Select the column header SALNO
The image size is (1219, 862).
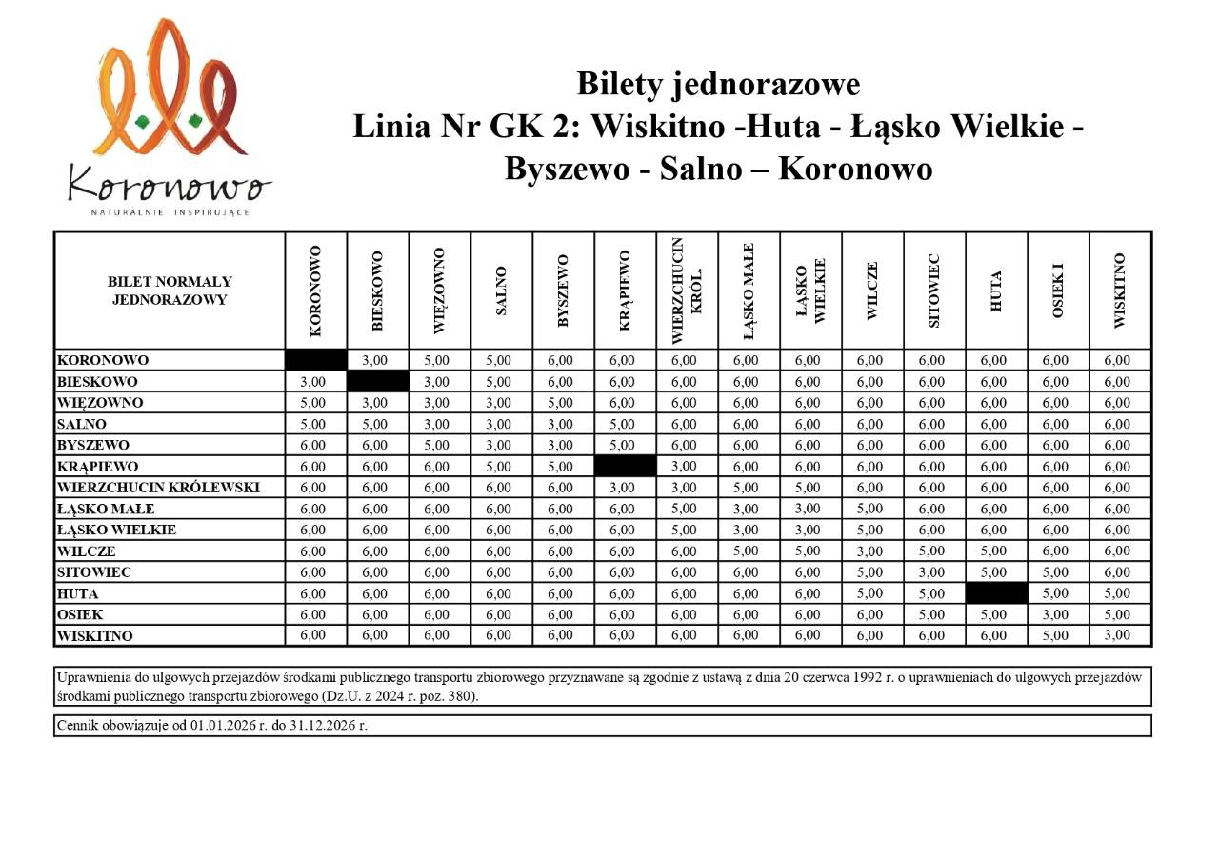point(501,291)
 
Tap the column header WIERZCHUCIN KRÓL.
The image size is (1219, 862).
point(687,290)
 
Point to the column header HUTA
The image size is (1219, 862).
point(996,291)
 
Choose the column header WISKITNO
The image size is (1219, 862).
point(1119,291)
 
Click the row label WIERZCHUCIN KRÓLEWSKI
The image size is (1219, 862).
point(158,488)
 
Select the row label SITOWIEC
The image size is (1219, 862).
point(94,572)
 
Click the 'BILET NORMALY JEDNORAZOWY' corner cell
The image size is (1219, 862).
point(170,291)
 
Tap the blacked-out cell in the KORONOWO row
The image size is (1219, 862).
point(316,360)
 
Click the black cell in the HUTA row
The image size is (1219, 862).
point(996,593)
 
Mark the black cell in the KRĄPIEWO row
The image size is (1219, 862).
point(625,467)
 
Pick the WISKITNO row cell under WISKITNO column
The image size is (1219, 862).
point(1117,635)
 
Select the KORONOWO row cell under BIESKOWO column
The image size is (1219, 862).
point(377,360)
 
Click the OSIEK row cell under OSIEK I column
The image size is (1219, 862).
point(1055,614)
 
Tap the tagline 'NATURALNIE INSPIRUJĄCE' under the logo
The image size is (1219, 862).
point(170,211)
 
